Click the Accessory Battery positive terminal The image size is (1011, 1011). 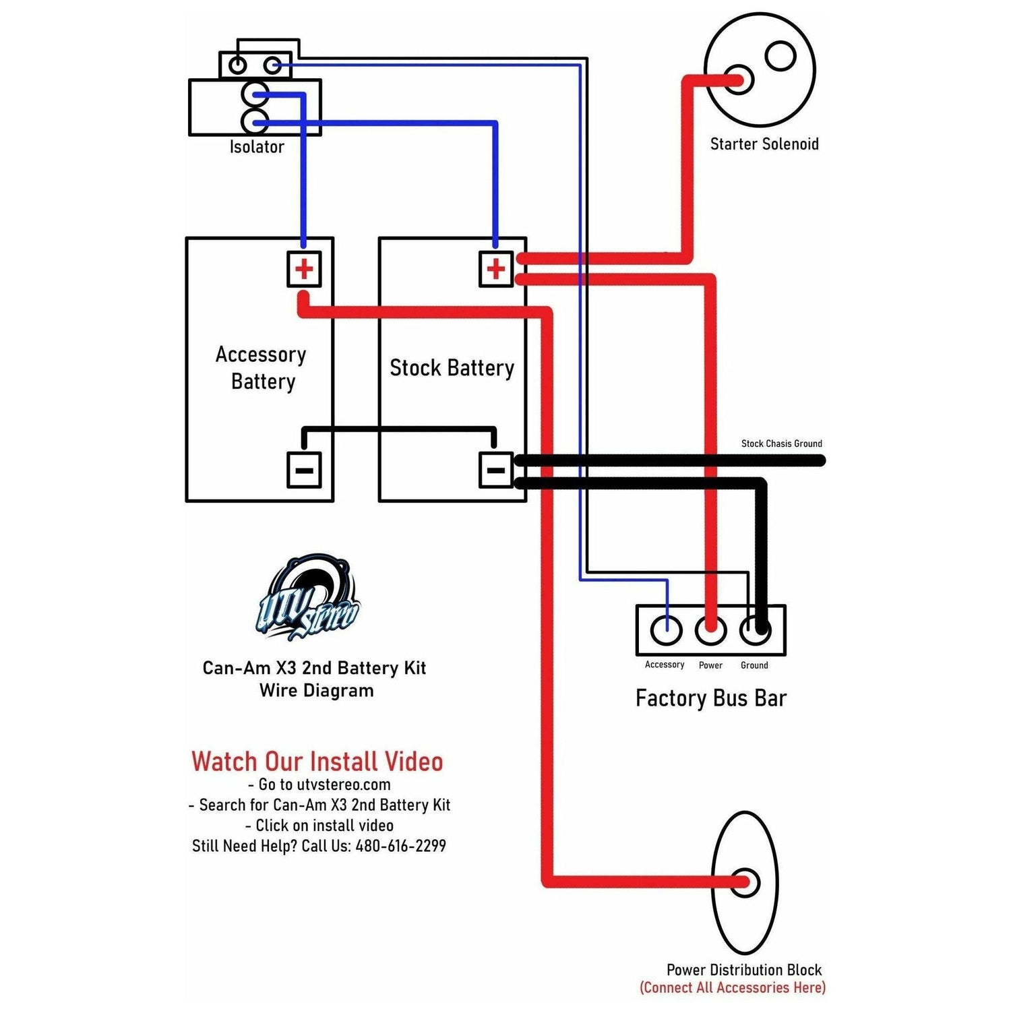pos(304,270)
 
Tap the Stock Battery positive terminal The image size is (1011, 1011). pos(496,270)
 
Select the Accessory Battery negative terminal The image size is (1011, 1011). pos(304,470)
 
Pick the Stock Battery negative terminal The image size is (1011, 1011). pos(496,470)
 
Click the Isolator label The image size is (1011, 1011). pos(257,147)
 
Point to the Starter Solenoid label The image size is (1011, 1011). pos(764,144)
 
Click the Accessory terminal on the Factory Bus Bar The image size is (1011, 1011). pos(667,630)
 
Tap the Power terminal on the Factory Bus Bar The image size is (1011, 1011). pos(710,630)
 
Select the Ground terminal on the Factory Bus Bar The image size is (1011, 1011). pos(755,630)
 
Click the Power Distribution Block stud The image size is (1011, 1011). pos(745,882)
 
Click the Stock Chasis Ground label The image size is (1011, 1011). pos(781,443)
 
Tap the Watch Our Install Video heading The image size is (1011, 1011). pos(317,762)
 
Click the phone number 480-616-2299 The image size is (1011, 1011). pos(400,846)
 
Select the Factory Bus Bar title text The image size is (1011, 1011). pos(711,698)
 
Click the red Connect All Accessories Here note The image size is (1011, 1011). pos(733,988)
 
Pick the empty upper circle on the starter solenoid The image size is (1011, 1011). pos(781,56)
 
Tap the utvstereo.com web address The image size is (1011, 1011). pos(344,785)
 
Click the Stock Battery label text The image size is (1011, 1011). pos(452,368)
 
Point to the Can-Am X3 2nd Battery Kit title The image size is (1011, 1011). pos(314,668)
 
